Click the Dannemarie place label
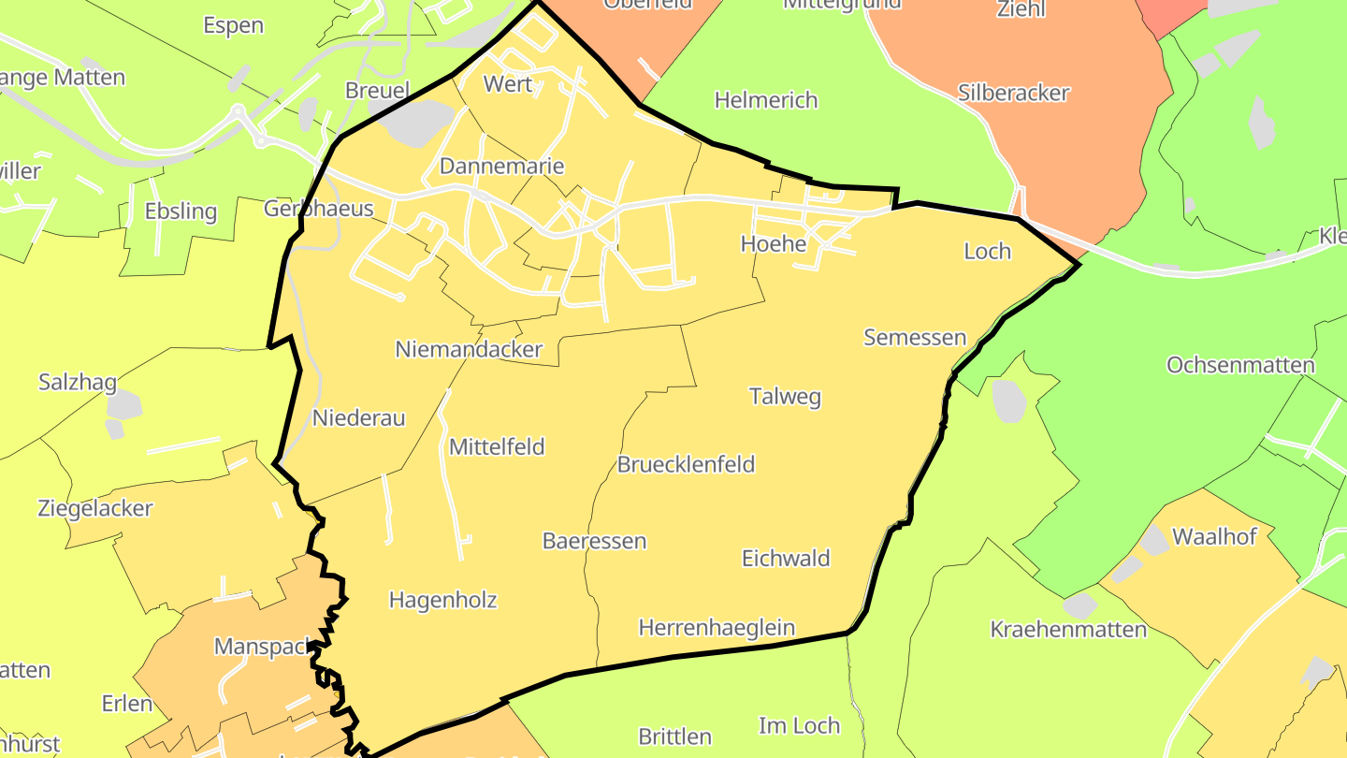[501, 167]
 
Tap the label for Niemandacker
[469, 350]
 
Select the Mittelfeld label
[497, 447]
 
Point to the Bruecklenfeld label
[686, 465]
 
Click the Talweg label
[785, 397]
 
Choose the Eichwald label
[786, 559]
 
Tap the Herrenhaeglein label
[717, 628]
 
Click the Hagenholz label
[442, 601]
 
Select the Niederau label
[359, 418]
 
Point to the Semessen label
[914, 338]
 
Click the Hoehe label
[773, 244]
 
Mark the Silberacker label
[1013, 94]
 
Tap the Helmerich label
[765, 100]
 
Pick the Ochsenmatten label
[1240, 365]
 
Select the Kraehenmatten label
[1068, 630]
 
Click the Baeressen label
[594, 542]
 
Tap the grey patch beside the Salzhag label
[123, 405]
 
